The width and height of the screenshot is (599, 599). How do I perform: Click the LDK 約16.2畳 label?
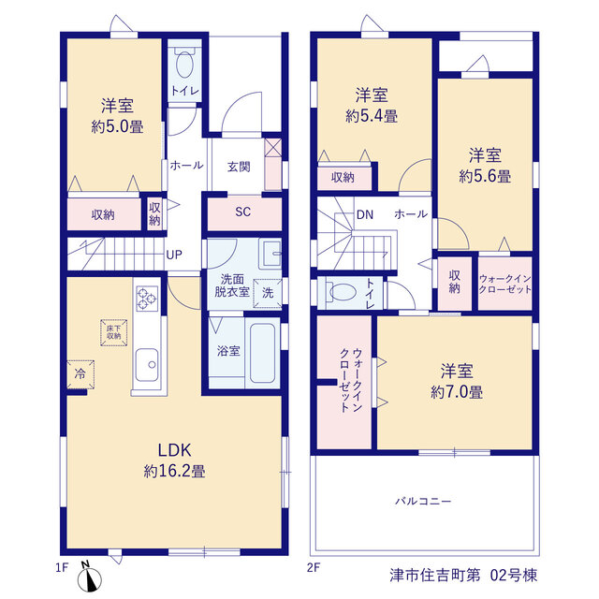[x=175, y=460]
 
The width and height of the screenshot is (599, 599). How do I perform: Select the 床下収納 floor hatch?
[x=114, y=332]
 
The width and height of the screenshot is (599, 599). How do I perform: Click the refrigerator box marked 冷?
[x=80, y=374]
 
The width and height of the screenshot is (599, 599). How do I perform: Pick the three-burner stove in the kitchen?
[x=147, y=299]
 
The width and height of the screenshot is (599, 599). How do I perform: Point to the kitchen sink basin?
[x=147, y=365]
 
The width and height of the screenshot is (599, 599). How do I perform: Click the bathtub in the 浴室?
[x=262, y=353]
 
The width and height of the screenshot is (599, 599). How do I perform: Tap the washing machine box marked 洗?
[x=268, y=293]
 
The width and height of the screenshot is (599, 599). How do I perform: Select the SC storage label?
[x=243, y=212]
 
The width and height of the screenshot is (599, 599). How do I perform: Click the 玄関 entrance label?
[x=239, y=167]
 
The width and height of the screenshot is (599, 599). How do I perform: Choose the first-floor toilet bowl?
[x=184, y=64]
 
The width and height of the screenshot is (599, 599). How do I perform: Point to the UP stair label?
[x=174, y=255]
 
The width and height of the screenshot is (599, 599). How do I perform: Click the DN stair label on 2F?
[x=365, y=214]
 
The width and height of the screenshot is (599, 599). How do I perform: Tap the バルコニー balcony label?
[x=423, y=501]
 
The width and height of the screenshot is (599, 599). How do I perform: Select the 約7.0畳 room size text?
[x=457, y=392]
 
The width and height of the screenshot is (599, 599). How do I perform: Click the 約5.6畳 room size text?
[x=485, y=176]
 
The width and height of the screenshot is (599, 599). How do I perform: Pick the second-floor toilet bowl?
[x=343, y=292]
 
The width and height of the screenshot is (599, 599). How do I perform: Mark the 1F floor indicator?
[x=62, y=568]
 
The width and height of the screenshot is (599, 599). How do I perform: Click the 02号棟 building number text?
[x=514, y=575]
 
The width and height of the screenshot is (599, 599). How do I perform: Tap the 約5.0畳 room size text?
[x=117, y=126]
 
